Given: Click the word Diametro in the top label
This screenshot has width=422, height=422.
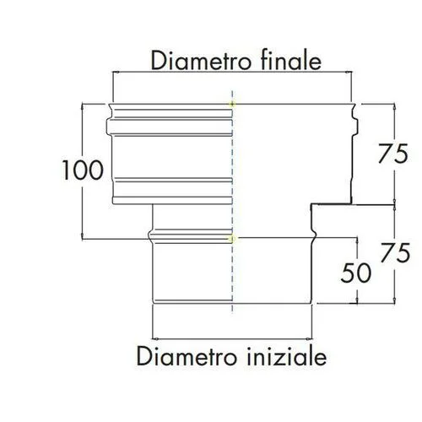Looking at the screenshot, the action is coord(201,61).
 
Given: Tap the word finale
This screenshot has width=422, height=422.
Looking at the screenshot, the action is coord(291,60).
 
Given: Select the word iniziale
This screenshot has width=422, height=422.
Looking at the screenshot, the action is coord(287,356).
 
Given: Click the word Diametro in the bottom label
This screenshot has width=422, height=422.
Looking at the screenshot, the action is coord(187,356).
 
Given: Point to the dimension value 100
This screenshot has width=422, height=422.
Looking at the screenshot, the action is coord(83,170).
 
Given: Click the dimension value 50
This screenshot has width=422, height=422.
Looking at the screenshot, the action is coord(356,273).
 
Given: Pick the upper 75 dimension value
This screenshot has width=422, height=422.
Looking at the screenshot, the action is coord(393,154).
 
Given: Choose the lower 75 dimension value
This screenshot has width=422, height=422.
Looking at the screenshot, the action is coord(395,252).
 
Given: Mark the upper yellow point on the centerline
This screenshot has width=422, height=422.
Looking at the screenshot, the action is coord(232,105).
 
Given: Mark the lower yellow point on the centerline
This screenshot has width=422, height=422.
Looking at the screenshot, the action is coord(232,239).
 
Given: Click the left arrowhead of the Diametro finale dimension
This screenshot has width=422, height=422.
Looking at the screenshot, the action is coord(116,73).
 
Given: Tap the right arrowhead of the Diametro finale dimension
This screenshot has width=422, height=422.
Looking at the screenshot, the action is coord(349,73).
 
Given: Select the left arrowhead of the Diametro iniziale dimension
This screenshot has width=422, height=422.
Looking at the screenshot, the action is coord(155,338).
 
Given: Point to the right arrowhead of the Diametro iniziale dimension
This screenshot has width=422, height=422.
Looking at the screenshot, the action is coord(309,338).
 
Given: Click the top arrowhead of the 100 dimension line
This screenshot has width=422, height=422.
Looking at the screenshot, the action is coord(82,107).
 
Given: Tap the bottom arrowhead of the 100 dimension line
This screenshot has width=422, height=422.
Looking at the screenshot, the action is coord(82,236).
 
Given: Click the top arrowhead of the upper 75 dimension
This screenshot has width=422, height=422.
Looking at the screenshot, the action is coord(395,107).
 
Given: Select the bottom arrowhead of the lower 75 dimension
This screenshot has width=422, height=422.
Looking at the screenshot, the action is coord(395,300).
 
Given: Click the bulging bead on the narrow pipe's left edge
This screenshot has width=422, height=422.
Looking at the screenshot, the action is coord(150,236).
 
